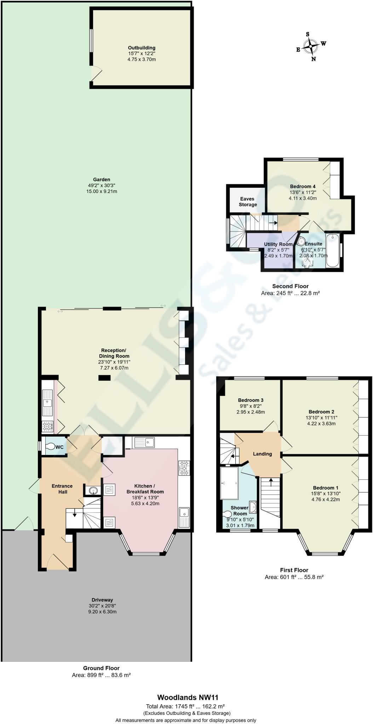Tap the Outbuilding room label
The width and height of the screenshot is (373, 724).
[x=142, y=48]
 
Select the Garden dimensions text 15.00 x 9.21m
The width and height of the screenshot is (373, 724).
[x=102, y=191]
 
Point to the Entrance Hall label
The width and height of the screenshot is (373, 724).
[x=62, y=489]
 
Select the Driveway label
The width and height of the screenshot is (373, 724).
[x=102, y=600]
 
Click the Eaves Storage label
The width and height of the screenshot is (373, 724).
[x=248, y=202]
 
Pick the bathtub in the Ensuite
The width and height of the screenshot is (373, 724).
[x=333, y=250]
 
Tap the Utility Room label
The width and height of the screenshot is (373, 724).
[x=279, y=244]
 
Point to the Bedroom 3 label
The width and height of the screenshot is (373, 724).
[x=251, y=400]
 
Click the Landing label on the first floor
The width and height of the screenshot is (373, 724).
[x=262, y=454]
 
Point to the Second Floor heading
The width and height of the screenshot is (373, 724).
[x=290, y=286]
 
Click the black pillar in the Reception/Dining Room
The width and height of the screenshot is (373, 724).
[x=104, y=378]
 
